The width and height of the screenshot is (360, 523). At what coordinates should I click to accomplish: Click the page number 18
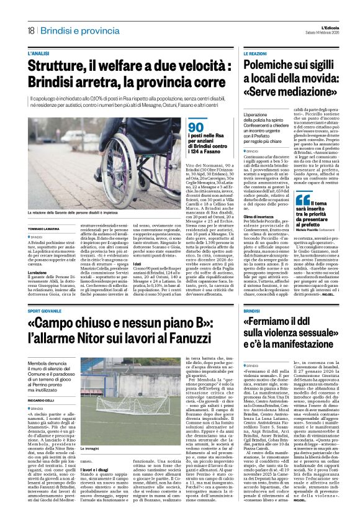(x=30, y=31)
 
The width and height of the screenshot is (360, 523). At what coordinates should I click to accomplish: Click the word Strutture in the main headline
(x=58, y=66)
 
